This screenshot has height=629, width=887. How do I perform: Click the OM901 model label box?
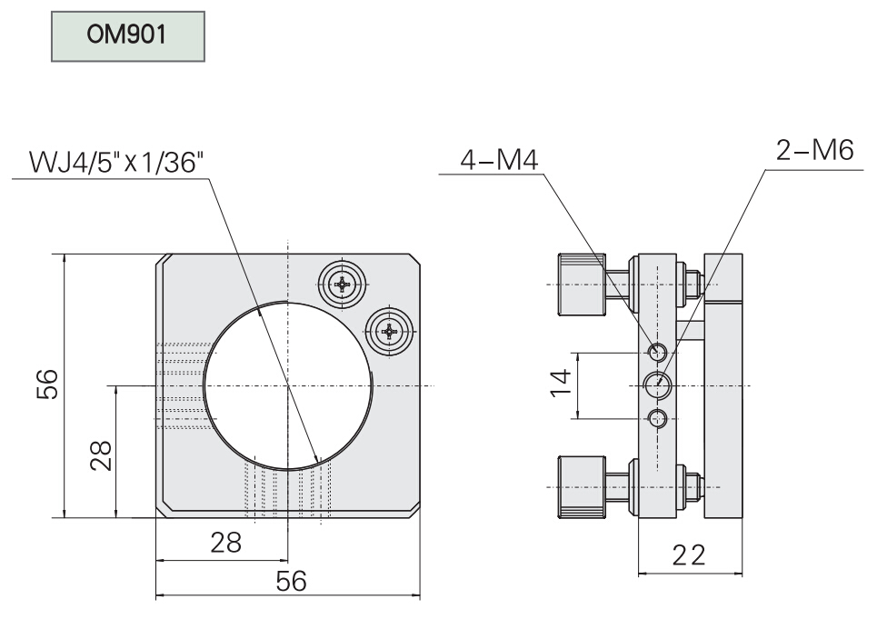[x=127, y=38]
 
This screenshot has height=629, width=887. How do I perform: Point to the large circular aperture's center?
[x=287, y=385]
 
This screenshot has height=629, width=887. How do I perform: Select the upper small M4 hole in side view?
[x=658, y=352]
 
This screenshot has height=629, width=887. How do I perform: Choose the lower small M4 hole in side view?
[x=658, y=418]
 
